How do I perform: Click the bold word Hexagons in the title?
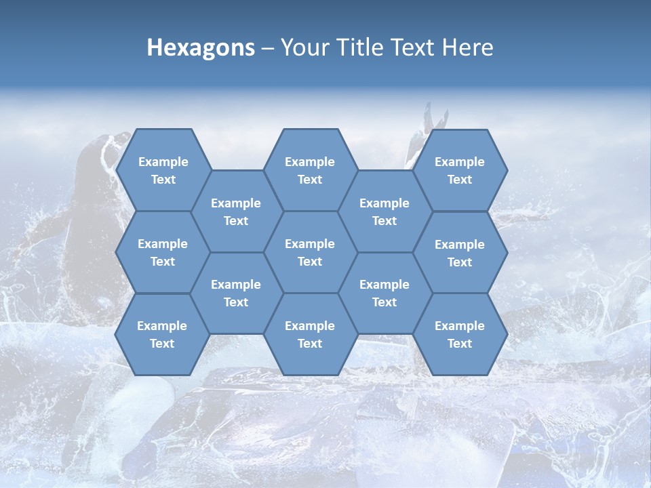(201, 47)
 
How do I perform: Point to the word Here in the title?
(467, 47)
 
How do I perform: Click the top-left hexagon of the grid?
(163, 170)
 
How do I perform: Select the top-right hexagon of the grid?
(460, 170)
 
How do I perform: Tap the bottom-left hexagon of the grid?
(162, 334)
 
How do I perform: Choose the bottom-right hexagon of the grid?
(460, 334)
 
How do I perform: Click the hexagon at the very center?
(310, 252)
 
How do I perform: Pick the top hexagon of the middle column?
(310, 170)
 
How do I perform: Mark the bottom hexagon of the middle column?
(310, 334)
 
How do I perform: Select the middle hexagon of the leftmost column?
(163, 252)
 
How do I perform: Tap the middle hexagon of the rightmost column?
(460, 253)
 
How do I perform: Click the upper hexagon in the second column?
(236, 211)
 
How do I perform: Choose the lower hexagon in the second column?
(236, 293)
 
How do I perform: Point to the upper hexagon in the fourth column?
(384, 211)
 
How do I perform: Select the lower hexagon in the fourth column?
(384, 293)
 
